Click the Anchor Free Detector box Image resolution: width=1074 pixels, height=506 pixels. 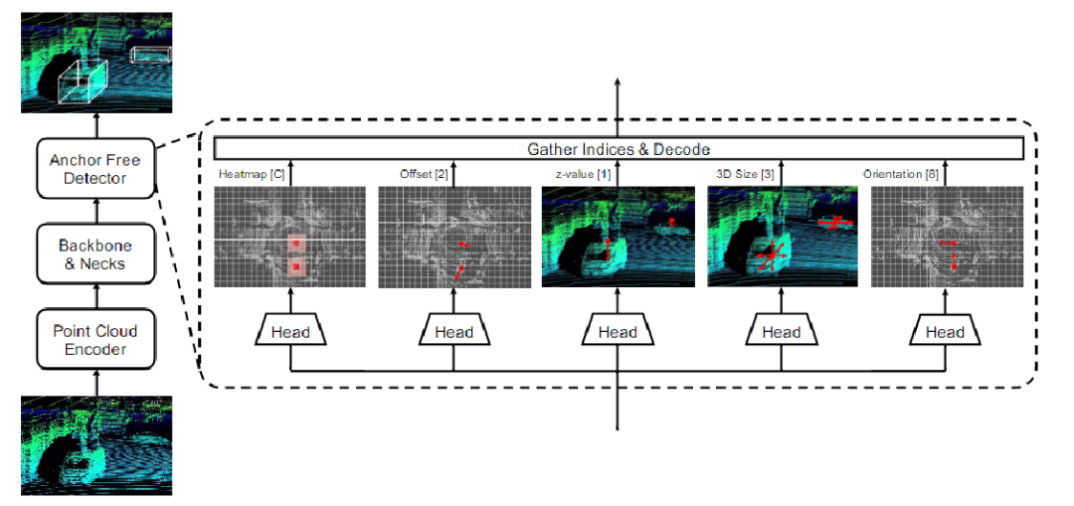tap(95, 169)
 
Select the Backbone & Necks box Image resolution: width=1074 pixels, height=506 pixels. tap(95, 254)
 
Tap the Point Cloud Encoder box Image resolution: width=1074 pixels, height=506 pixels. tap(95, 340)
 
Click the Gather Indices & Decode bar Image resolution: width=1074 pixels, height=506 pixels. tap(618, 149)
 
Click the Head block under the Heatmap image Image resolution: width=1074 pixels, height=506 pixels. tap(290, 332)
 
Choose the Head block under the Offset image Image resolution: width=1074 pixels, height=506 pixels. tap(453, 332)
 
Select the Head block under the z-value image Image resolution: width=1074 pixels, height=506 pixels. tap(618, 332)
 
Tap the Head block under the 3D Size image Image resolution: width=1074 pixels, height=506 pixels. tap(782, 332)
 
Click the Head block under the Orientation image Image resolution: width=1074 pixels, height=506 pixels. tap(945, 332)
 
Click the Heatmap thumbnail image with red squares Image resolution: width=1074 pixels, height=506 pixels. tap(289, 238)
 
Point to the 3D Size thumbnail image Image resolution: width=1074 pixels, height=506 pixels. tap(782, 238)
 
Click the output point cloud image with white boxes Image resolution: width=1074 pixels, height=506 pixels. tap(95, 62)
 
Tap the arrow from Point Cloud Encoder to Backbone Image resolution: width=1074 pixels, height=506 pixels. tap(95, 297)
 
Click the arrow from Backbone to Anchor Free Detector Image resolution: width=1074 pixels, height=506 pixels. tap(95, 212)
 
